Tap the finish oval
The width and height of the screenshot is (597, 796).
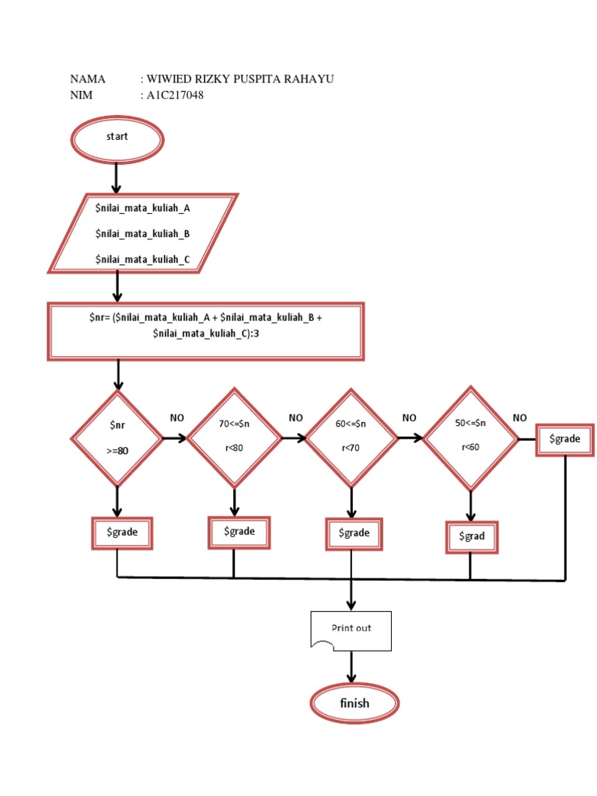(x=354, y=704)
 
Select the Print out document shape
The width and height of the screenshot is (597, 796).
(x=351, y=630)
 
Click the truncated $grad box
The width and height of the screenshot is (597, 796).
(x=470, y=537)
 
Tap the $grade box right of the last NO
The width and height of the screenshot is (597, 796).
(x=565, y=439)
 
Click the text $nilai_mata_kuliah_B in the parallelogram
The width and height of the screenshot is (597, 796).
(x=142, y=233)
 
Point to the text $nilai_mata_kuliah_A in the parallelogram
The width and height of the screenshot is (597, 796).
(x=142, y=208)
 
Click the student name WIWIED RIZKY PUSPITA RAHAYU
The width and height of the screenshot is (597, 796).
(x=239, y=79)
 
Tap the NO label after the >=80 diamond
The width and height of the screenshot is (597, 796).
(x=177, y=418)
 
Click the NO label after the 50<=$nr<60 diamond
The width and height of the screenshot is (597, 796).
(x=520, y=418)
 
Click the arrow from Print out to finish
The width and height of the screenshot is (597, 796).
(x=352, y=668)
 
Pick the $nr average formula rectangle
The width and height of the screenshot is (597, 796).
(x=206, y=332)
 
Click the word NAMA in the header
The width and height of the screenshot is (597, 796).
(x=87, y=79)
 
